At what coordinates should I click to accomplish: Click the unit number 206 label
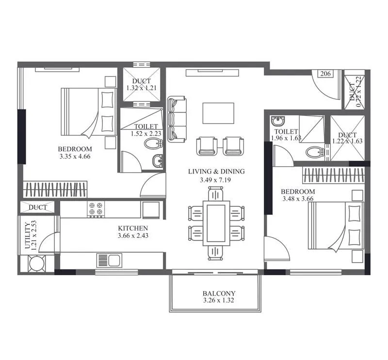click(x=325, y=74)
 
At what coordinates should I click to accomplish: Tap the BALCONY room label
click(x=219, y=293)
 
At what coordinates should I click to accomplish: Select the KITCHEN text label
click(x=133, y=228)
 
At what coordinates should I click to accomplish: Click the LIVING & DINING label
click(x=217, y=171)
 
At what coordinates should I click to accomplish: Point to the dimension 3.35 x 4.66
click(x=74, y=156)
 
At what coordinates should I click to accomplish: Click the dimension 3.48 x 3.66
click(x=298, y=199)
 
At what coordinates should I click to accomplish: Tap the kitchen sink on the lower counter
click(x=109, y=260)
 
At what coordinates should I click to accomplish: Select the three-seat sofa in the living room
click(x=177, y=119)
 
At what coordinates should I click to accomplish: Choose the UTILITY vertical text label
click(x=27, y=235)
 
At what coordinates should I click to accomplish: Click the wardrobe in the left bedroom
click(x=56, y=188)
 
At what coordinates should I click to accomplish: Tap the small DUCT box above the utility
click(x=38, y=207)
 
